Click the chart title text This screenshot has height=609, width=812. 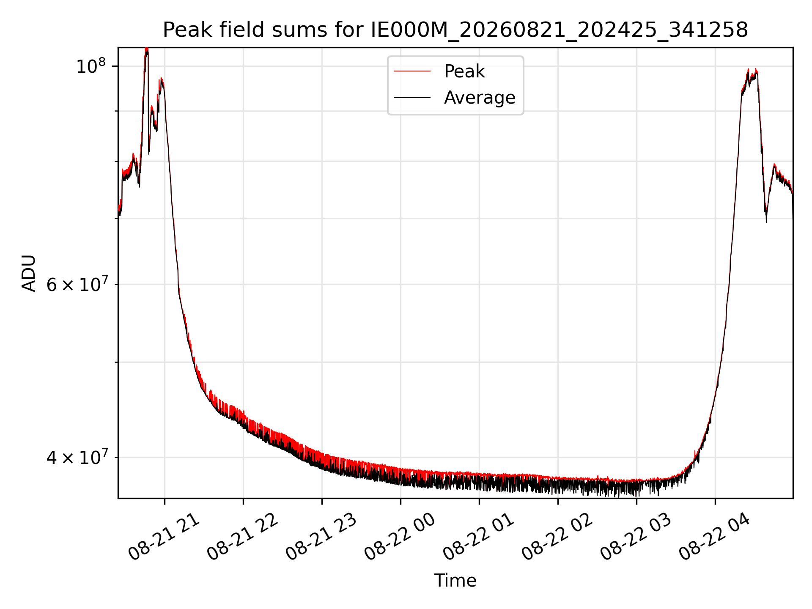455,30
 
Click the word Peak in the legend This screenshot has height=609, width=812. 464,71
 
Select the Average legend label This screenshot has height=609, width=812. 480,98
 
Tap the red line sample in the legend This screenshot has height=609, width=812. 412,71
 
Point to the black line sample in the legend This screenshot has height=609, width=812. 412,98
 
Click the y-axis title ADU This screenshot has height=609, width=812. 29,273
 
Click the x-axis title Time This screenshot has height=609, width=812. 455,581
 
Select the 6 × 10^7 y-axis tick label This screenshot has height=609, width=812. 77,284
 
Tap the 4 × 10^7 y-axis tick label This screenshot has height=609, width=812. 77,457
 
